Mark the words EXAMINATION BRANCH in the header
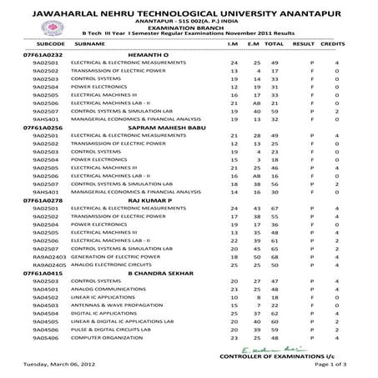coord(189,25)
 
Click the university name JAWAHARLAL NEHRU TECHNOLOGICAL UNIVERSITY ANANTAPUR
coord(189,8)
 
